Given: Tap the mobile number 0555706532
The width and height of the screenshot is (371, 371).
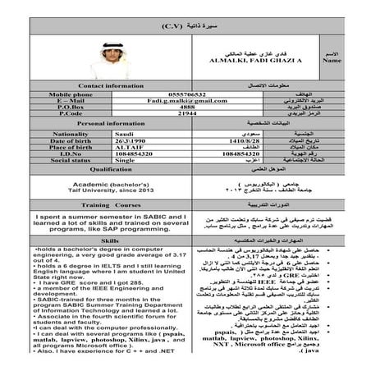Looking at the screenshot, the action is pos(187,93).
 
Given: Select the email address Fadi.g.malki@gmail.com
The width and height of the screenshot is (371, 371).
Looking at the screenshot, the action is pos(187,99).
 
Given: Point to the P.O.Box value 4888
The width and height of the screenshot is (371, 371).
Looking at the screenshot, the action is pos(187,107).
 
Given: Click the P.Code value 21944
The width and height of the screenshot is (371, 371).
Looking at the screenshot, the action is pos(187,113).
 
